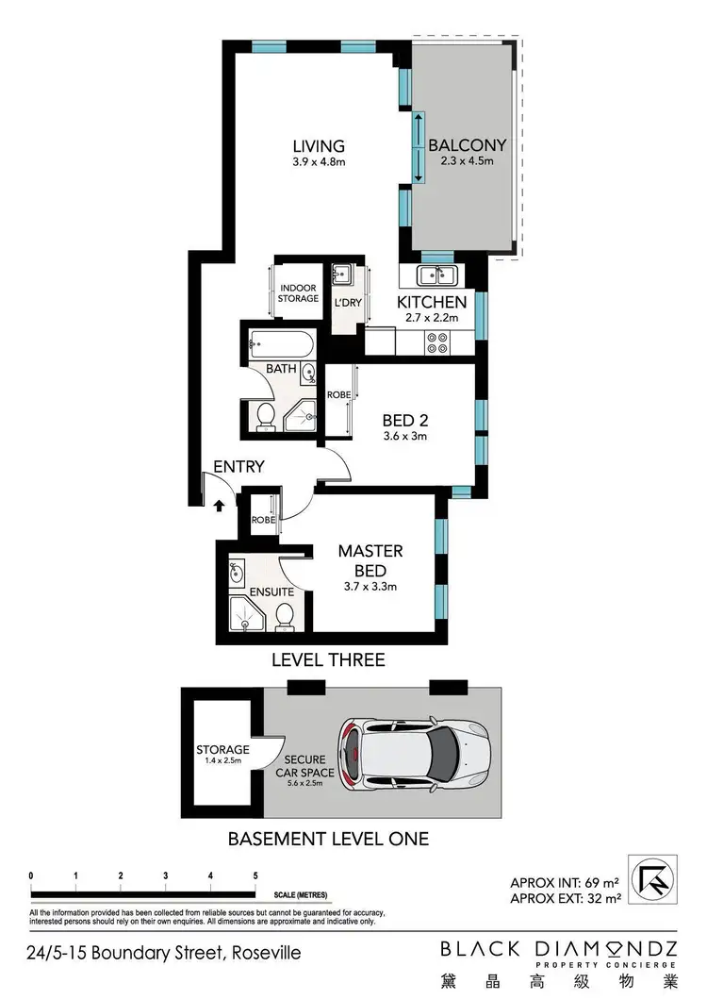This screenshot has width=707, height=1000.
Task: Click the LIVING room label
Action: [319, 146]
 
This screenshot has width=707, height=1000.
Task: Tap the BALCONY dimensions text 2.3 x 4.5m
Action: [467, 161]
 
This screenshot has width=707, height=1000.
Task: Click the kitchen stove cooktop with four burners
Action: [438, 342]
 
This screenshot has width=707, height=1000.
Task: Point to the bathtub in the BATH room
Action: [281, 341]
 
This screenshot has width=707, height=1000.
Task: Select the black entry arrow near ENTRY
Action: [219, 506]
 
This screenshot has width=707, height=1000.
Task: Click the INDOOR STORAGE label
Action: [298, 292]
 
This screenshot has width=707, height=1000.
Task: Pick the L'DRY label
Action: [346, 303]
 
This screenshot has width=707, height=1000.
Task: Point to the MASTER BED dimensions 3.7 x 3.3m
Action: [371, 586]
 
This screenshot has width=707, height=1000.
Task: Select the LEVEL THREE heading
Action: [328, 659]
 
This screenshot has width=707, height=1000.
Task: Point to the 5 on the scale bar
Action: [255, 875]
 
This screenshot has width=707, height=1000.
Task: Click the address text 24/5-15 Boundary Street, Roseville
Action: [164, 953]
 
